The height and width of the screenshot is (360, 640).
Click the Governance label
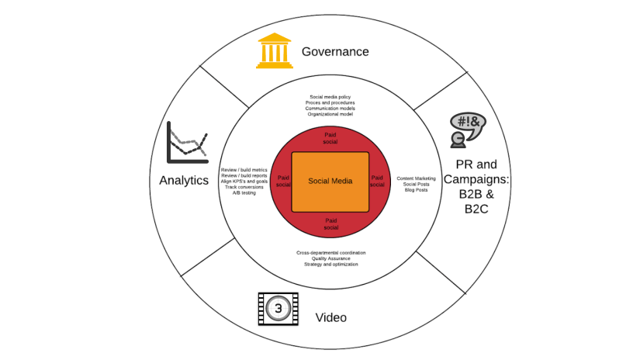click(334, 52)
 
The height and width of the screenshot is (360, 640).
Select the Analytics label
click(184, 180)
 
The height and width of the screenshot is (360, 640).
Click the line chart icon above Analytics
click(187, 142)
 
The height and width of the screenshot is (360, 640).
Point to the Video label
click(330, 318)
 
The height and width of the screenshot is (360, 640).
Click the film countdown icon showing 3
click(278, 309)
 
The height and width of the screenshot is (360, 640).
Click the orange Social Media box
click(330, 181)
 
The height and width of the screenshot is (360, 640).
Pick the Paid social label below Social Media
click(330, 224)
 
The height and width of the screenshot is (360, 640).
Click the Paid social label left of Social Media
click(282, 182)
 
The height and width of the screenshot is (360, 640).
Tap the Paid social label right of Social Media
click(377, 182)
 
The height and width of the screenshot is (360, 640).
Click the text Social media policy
click(330, 98)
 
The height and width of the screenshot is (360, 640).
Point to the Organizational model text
click(330, 114)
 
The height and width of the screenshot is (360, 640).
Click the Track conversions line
click(244, 187)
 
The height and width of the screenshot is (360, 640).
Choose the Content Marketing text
click(417, 178)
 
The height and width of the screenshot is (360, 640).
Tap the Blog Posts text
click(417, 189)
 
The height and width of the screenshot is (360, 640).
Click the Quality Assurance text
click(330, 258)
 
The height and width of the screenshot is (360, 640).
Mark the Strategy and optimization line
click(330, 265)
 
